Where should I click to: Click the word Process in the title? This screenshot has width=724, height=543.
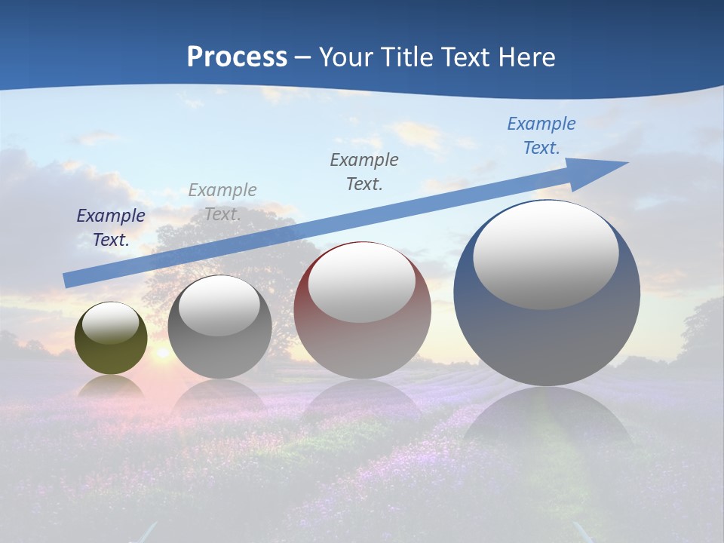237,57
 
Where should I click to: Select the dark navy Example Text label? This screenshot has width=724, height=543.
111,228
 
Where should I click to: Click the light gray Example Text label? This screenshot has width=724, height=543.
222,202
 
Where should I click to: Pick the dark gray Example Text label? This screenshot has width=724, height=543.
364,171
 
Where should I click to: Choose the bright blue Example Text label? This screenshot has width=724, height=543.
541,136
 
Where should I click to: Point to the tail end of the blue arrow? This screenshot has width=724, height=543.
68,281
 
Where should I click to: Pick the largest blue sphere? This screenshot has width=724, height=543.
547,339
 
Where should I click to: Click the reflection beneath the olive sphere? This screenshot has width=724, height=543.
111,386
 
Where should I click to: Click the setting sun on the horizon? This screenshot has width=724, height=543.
161,353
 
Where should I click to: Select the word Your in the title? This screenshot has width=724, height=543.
347,57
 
